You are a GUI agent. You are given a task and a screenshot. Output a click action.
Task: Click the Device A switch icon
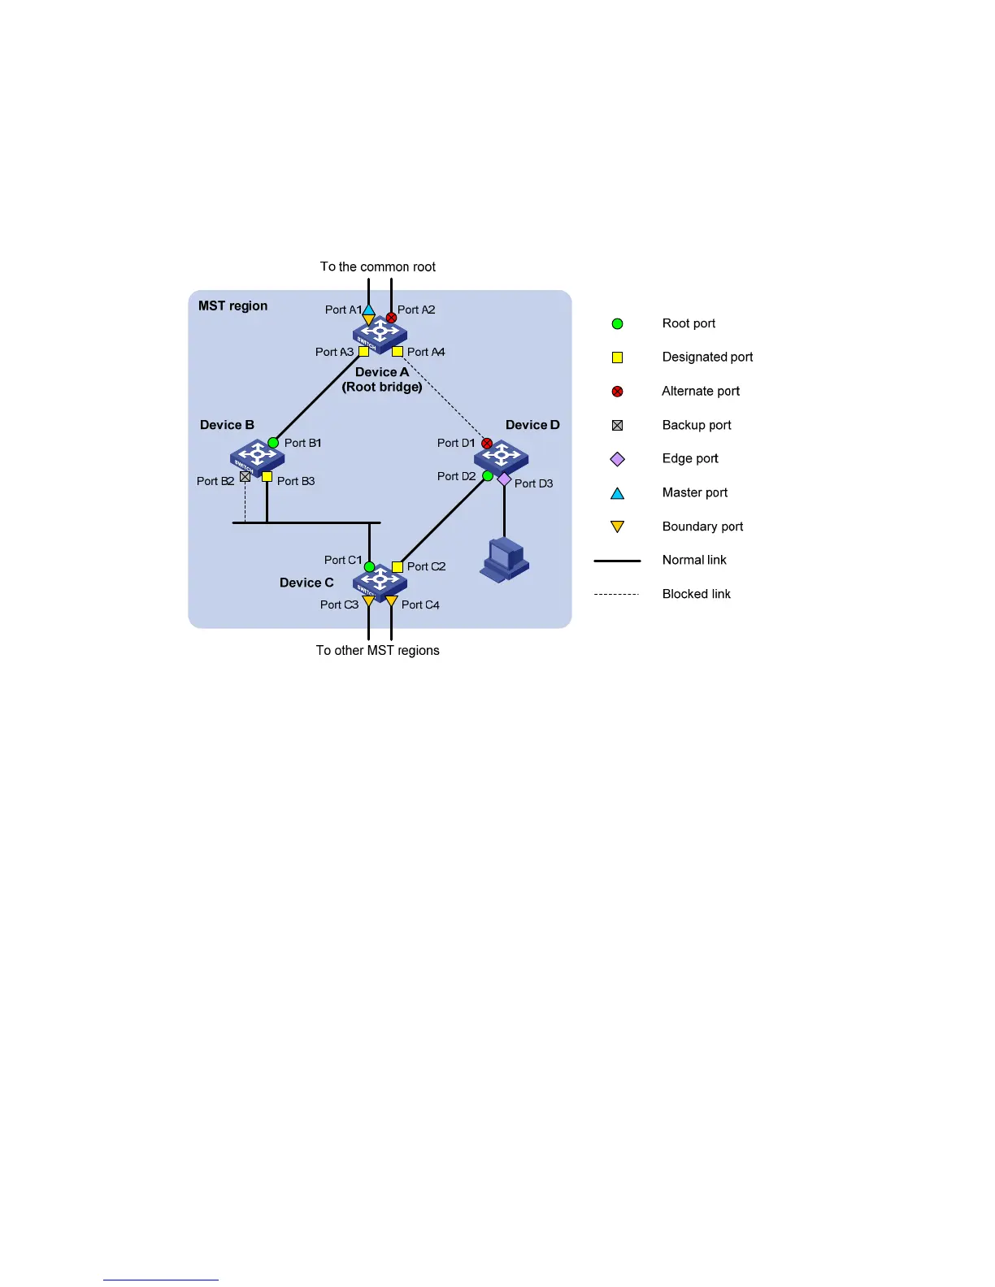click(x=380, y=333)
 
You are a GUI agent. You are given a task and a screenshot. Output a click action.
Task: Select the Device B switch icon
click(x=257, y=457)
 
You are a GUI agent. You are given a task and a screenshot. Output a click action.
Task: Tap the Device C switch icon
click(x=380, y=581)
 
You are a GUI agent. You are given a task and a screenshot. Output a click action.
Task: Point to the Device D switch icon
click(x=502, y=457)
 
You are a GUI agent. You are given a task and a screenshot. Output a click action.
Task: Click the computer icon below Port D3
click(x=504, y=559)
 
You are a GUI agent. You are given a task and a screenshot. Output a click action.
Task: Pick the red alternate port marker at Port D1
click(x=487, y=444)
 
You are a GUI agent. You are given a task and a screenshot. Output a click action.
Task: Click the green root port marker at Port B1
click(x=273, y=443)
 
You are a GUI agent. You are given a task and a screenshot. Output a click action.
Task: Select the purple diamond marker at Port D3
click(x=504, y=479)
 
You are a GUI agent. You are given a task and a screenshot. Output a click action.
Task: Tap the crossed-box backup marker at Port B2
click(x=245, y=476)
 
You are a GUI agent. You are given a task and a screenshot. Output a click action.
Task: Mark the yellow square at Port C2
click(x=398, y=566)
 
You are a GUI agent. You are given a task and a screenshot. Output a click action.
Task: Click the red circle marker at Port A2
click(x=391, y=318)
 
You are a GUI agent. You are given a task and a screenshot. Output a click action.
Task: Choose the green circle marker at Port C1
click(x=369, y=567)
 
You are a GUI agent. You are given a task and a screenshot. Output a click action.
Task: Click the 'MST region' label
click(x=232, y=305)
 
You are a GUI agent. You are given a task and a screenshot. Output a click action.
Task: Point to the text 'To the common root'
click(x=378, y=266)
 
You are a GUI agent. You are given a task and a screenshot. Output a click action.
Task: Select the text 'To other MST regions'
click(x=378, y=650)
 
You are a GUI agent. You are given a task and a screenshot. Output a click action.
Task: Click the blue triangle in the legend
click(x=617, y=493)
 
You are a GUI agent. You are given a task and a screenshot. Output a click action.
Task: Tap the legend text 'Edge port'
click(x=690, y=458)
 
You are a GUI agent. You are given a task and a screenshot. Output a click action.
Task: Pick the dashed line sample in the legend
click(x=617, y=594)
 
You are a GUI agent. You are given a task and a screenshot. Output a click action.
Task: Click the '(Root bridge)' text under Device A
click(x=382, y=387)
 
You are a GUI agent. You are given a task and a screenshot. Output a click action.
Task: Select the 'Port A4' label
click(x=426, y=352)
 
